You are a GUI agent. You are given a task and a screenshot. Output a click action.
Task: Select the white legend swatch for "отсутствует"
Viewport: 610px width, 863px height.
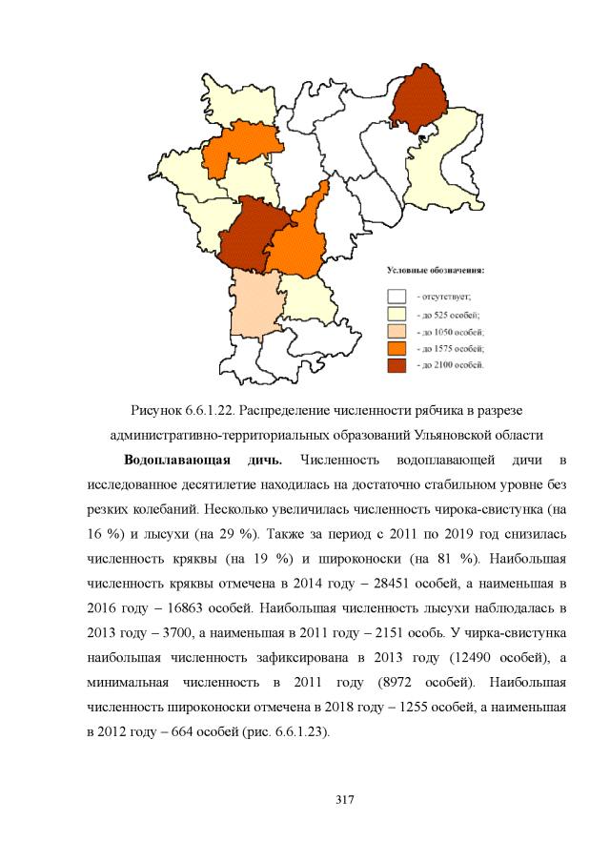tap(397, 297)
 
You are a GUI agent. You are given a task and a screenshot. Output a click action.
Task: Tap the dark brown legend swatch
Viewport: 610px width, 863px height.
tap(397, 365)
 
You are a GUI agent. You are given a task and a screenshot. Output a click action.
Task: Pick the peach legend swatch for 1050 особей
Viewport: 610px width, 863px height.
tap(397, 331)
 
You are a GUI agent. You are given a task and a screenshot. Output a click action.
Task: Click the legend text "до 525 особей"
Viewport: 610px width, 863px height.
tap(449, 314)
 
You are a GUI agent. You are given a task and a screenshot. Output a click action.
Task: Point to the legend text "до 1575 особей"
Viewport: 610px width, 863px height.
tap(451, 348)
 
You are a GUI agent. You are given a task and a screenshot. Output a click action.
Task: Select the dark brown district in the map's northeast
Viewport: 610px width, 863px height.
tap(419, 96)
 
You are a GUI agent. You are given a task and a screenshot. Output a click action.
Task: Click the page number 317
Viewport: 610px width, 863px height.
tap(345, 799)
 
